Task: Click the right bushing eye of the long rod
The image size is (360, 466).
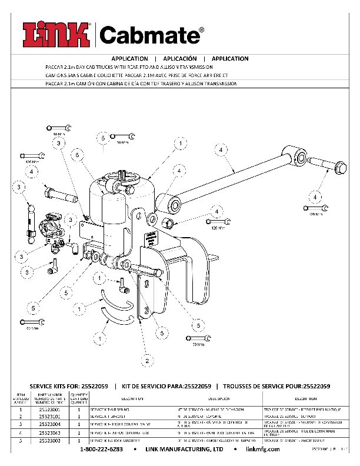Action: click(x=299, y=156)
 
